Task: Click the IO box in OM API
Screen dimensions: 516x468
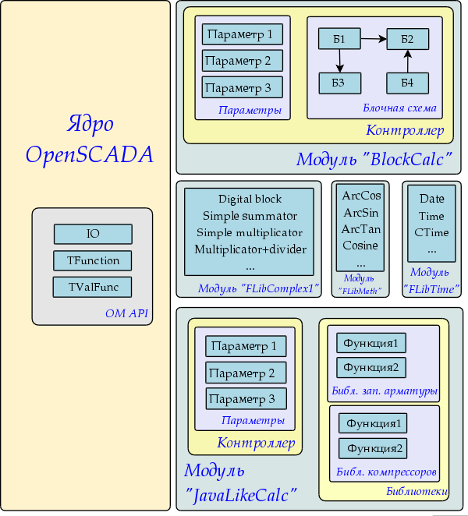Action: (x=93, y=234)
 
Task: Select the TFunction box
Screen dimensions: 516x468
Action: (x=93, y=260)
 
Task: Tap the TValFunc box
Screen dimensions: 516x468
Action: (x=93, y=287)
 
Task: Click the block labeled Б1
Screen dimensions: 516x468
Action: (x=339, y=40)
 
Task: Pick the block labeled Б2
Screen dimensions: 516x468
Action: (x=407, y=40)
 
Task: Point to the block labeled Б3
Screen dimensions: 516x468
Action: (x=339, y=83)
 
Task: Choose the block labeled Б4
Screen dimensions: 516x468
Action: (x=407, y=83)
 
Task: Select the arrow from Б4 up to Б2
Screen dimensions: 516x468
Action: (x=407, y=62)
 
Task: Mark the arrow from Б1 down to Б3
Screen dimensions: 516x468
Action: (x=340, y=62)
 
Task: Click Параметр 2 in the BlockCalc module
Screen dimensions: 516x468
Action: (x=242, y=61)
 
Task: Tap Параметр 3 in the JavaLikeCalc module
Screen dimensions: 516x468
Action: (x=246, y=399)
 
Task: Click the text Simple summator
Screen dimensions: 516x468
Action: (x=250, y=216)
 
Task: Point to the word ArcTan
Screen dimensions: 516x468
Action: (x=361, y=229)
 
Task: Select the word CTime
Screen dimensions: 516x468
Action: (x=431, y=233)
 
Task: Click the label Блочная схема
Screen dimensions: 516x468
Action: (x=399, y=108)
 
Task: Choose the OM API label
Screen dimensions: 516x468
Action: (x=126, y=314)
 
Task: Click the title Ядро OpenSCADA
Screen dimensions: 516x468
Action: (x=90, y=139)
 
